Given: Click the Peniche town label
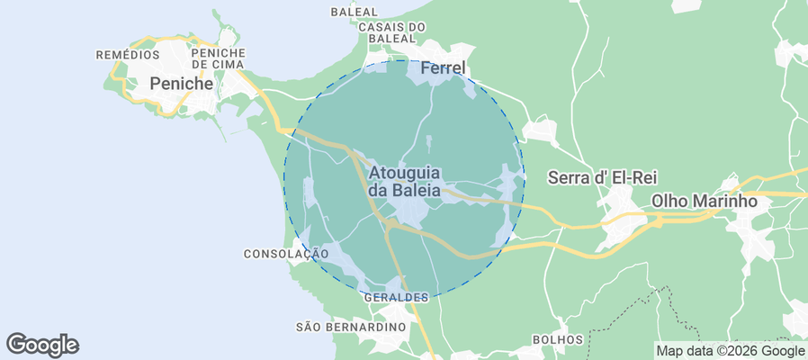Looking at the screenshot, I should pos(181,84).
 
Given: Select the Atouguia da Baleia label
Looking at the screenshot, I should pos(405,181).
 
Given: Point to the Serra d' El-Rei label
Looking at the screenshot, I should pos(594,178).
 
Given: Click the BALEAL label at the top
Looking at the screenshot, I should pos(354,13).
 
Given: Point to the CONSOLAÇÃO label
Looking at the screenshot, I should pos(286,255).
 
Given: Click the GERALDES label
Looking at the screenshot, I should pos(397,297).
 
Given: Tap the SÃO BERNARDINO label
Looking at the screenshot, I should pos(352,326).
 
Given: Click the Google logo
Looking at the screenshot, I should pos(42,344).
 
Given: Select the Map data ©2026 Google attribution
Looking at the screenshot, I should pos(730,351).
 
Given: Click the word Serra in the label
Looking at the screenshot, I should pos(569,178).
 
